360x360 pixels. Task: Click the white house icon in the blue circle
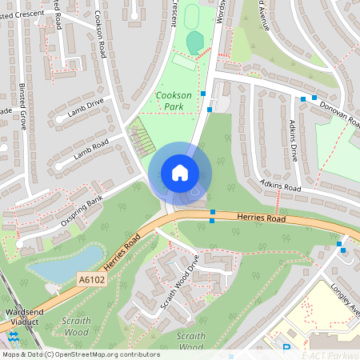pos(180,173)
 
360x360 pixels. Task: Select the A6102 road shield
pos(93,279)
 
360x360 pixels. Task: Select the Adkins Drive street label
pos(293,141)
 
